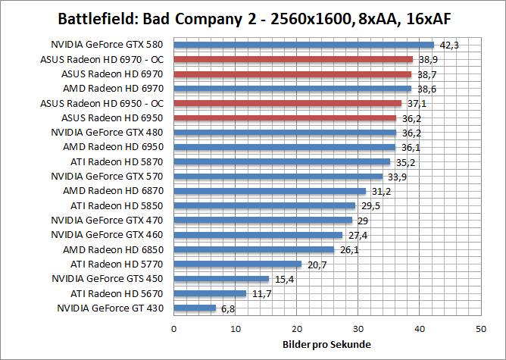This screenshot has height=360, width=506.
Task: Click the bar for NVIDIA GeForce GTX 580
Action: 304,45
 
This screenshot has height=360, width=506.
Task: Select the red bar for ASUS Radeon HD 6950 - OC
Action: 288,103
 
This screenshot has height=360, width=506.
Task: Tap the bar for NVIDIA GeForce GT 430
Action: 195,308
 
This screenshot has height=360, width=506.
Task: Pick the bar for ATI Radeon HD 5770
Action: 238,264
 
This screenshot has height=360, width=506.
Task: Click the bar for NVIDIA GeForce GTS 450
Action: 221,279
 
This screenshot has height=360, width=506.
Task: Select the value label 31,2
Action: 380,192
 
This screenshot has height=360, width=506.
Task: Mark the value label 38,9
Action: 428,60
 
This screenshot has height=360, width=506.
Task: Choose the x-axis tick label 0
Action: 174,330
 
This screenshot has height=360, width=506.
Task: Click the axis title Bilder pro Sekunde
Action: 327,346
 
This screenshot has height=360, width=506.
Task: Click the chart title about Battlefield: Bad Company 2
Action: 253,17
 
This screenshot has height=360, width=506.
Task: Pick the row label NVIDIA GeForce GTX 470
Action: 107,220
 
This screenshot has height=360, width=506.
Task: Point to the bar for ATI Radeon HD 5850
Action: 264,205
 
